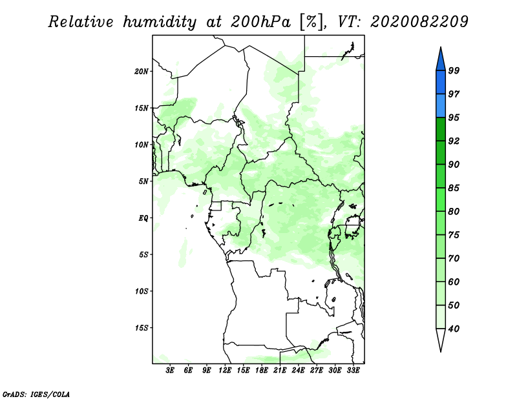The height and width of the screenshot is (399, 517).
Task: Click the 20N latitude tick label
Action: tap(142, 72)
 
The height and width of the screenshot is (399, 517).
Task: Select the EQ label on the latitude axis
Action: tap(143, 218)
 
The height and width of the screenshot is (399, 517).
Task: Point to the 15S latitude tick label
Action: tap(142, 328)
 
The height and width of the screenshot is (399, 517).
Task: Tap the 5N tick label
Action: tap(143, 181)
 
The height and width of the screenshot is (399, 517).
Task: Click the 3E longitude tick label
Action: tap(170, 370)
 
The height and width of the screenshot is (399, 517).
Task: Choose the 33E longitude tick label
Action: tap(353, 370)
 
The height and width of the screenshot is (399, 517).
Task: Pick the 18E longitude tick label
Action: tap(262, 370)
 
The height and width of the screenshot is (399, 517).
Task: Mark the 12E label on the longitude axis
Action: tap(225, 370)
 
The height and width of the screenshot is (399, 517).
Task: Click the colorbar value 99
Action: tap(454, 70)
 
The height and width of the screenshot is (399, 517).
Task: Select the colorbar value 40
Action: tap(454, 329)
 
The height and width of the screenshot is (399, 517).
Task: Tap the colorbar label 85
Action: tap(454, 188)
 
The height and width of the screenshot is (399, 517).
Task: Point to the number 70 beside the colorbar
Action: tap(454, 258)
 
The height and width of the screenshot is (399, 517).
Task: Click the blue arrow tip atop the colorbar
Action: tap(441, 47)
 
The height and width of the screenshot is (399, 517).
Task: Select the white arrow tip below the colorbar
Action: tap(441, 351)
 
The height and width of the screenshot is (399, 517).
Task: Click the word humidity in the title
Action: tap(160, 23)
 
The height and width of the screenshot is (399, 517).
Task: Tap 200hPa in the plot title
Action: tap(260, 22)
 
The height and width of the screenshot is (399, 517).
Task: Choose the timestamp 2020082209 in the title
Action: tap(419, 22)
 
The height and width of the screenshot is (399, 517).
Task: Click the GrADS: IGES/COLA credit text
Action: tap(36, 394)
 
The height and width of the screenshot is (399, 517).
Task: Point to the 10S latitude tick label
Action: tap(142, 291)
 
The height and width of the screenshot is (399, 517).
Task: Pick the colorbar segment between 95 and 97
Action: tap(441, 106)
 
